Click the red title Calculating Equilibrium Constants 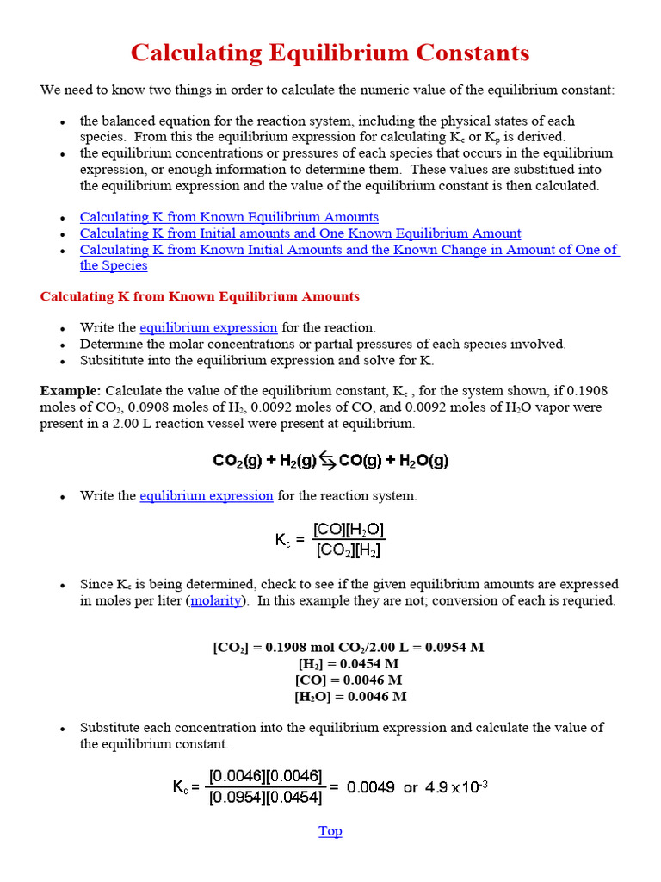[x=330, y=53]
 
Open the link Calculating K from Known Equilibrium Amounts [x=229, y=217]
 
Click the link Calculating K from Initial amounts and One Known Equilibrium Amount [x=300, y=233]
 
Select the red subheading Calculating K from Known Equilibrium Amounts [x=200, y=296]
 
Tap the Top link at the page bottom [x=330, y=831]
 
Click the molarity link [x=216, y=601]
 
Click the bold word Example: [x=71, y=391]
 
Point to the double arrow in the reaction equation [x=327, y=461]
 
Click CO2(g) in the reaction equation [x=238, y=461]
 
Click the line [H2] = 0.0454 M [x=348, y=664]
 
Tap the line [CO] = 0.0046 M [x=348, y=680]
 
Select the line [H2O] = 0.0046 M [x=349, y=697]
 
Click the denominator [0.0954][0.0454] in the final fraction [x=265, y=798]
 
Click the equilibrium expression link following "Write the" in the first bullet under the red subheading [x=208, y=328]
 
